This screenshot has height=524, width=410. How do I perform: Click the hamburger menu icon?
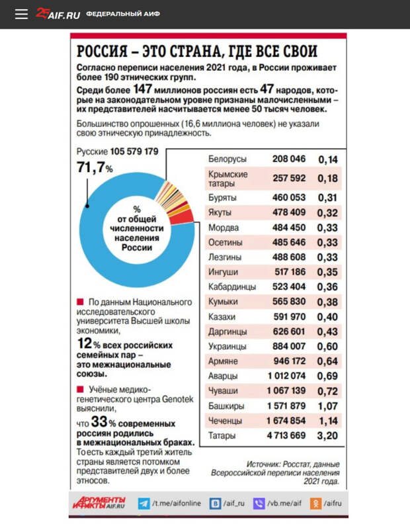point(21,14)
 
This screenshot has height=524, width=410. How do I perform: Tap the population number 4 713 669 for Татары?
point(286,435)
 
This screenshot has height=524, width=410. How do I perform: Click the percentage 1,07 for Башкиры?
point(327,406)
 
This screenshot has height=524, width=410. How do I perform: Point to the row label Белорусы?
point(227,159)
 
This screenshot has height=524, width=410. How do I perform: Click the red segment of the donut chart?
point(185,216)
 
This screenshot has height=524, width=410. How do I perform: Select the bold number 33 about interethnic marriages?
point(99,422)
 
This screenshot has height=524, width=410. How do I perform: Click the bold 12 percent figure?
point(84,344)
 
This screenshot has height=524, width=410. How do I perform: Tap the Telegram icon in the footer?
point(143,503)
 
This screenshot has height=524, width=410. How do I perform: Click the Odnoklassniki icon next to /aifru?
point(316,503)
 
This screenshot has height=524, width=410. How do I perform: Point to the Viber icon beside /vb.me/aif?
point(259,503)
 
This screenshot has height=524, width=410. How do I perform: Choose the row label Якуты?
point(220,212)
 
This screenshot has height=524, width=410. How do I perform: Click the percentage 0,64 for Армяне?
point(327,361)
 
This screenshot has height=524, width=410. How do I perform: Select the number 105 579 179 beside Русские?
point(134,152)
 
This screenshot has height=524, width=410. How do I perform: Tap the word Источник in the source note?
point(266,464)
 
